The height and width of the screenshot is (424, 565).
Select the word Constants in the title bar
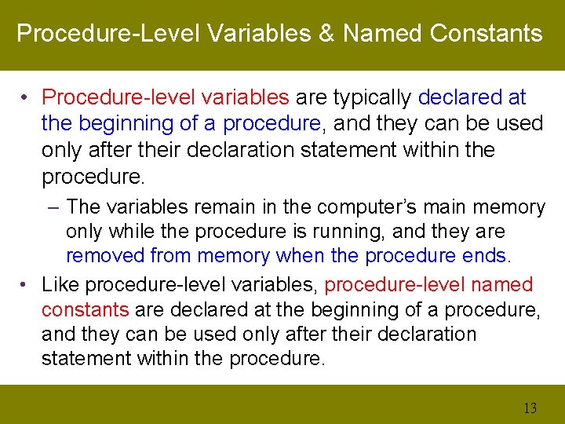[487, 34]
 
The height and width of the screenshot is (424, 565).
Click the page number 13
[530, 408]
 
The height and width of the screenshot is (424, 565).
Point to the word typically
[373, 97]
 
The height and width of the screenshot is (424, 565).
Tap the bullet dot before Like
[27, 284]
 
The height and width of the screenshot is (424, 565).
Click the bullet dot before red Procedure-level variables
[27, 97]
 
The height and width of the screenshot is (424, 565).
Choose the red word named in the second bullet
[500, 284]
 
